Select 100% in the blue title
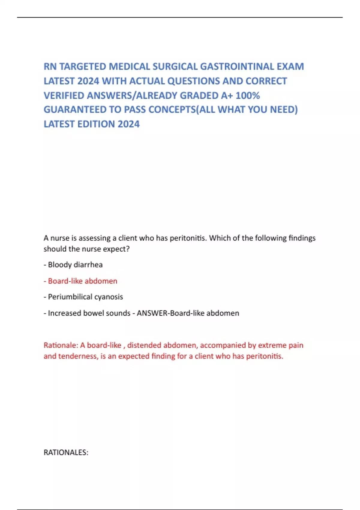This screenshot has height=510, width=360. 247,95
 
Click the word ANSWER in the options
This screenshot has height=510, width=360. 152,313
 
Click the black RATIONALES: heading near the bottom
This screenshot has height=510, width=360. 66,452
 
